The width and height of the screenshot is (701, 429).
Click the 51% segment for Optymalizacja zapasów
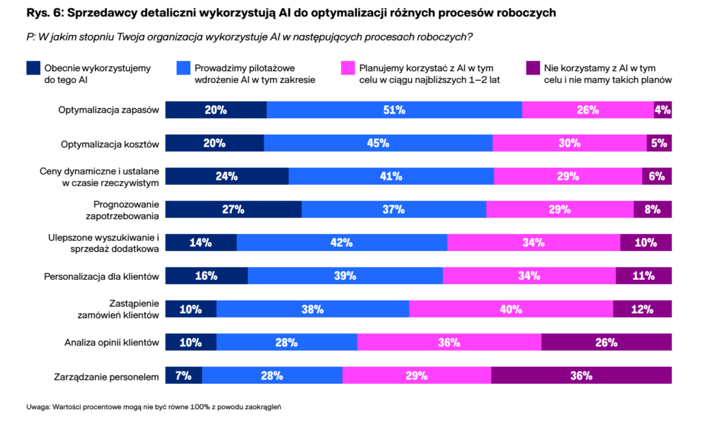394,109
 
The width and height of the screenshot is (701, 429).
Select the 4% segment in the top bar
663,109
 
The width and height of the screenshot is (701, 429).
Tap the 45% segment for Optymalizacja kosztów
378,143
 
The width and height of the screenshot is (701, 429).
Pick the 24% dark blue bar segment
227,176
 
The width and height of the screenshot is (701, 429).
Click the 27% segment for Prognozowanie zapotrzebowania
233,209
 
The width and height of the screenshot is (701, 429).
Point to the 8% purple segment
652,209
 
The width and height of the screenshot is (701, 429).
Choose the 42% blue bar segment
341,242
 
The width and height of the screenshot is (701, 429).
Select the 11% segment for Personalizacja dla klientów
643,276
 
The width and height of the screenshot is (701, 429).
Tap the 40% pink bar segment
511,309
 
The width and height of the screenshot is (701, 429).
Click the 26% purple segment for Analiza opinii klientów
606,342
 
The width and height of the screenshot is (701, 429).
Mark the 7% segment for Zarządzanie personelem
183,376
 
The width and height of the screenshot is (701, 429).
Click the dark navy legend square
33,68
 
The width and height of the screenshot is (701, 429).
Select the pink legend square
347,68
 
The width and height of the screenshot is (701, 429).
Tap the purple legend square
532,68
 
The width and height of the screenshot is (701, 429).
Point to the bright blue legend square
183,68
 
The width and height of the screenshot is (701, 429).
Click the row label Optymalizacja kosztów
110,144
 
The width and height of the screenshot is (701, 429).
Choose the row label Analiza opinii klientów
112,343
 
